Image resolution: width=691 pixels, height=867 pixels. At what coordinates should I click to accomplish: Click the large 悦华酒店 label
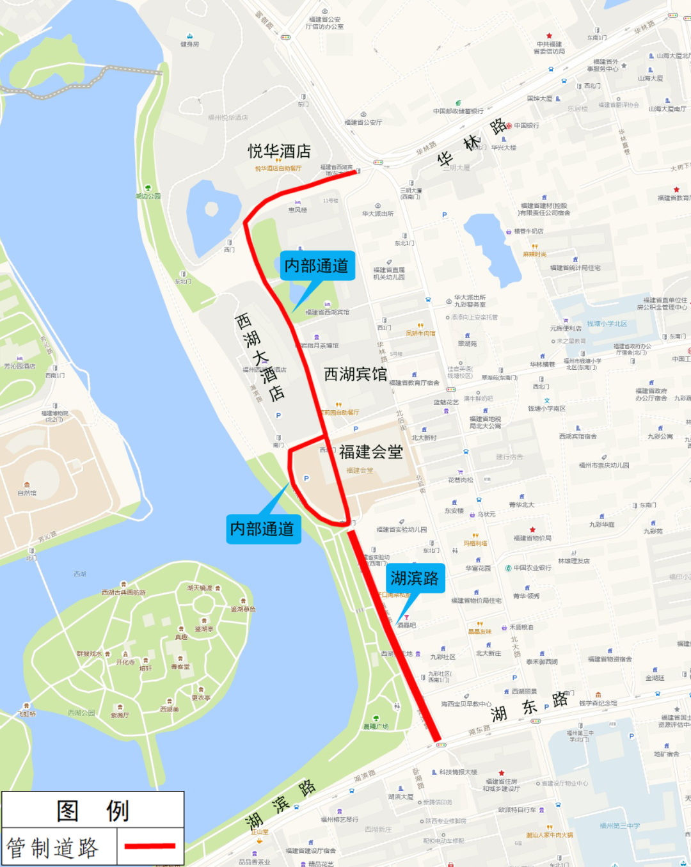point(280,152)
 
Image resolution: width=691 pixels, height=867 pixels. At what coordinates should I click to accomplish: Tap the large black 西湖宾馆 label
point(355,374)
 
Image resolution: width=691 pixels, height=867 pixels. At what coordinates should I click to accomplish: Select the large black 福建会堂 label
point(370,452)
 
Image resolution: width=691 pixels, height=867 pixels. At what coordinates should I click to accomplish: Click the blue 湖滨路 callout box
point(415,579)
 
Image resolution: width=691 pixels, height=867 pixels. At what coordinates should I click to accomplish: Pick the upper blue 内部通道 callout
point(316,266)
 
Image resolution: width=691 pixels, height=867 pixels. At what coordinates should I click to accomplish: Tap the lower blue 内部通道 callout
point(262,529)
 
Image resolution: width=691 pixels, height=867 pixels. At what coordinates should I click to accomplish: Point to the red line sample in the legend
point(150,846)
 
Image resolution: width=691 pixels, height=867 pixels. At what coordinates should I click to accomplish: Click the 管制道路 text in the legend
point(52,848)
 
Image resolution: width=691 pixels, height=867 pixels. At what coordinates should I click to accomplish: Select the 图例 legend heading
point(93,811)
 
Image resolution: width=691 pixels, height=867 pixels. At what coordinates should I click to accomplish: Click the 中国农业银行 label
point(532,568)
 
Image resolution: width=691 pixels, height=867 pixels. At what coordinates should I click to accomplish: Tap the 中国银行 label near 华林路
point(526,125)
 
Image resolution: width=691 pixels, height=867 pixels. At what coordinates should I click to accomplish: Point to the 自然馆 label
point(27,493)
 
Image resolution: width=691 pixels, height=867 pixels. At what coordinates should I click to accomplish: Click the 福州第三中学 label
point(619,825)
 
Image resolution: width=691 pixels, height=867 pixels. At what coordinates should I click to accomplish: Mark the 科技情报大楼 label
point(458,772)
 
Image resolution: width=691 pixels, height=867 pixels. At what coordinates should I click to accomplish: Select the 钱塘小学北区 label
point(607,324)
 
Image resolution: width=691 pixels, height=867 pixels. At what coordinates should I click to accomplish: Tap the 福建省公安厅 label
point(363,122)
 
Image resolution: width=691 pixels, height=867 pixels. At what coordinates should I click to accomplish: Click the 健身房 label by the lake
point(189,44)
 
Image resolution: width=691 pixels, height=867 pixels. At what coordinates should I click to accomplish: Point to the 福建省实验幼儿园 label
point(402,529)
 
